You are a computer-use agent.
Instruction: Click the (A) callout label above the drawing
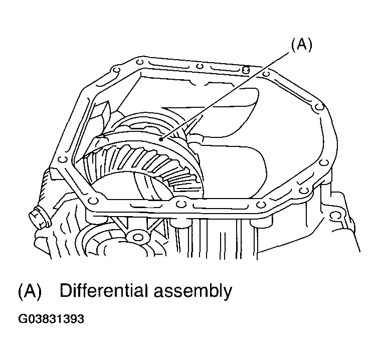point(301,45)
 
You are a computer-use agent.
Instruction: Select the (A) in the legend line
point(29,291)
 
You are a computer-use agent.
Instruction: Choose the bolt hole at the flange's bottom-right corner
point(261,204)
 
